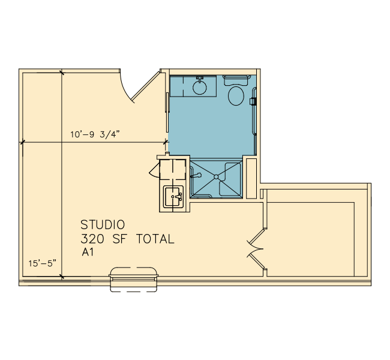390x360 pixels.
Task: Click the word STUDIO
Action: [x=103, y=224]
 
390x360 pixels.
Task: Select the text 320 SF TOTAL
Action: [x=127, y=239]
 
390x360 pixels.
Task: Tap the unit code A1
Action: [x=88, y=252]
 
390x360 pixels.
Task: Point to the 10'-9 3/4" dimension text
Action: [x=95, y=134]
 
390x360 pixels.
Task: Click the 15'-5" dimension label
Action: [x=42, y=263]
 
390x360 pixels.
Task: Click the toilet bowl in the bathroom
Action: [x=236, y=96]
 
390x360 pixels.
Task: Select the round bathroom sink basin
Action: [x=200, y=87]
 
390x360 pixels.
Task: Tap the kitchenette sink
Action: [x=173, y=197]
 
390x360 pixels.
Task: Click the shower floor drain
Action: [x=216, y=177]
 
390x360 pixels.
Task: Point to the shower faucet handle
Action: [x=196, y=175]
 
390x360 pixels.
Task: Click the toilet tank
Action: [x=236, y=80]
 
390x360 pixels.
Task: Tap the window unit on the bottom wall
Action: [x=134, y=280]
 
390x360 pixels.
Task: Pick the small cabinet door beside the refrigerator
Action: [x=154, y=170]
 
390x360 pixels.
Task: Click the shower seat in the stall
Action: [x=230, y=179]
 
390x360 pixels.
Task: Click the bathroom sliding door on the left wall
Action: [x=167, y=112]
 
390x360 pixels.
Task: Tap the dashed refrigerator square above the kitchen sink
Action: [x=172, y=170]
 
